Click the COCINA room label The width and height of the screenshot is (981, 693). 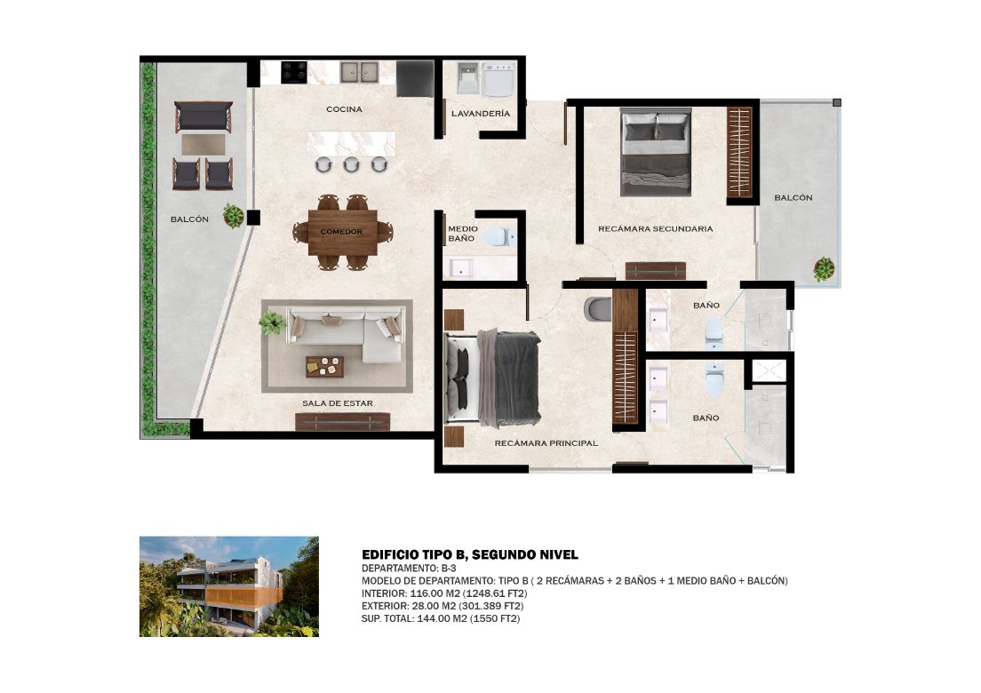[344, 109]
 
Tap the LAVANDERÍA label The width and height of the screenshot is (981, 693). [481, 114]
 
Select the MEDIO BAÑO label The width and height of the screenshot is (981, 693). [462, 234]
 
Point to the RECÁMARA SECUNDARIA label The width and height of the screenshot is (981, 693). [655, 229]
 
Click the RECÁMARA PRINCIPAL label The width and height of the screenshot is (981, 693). [546, 442]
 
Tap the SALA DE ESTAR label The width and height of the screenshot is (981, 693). [338, 403]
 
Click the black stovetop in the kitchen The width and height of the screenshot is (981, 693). [293, 72]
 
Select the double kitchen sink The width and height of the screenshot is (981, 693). [359, 72]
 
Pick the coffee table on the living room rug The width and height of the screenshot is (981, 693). [324, 367]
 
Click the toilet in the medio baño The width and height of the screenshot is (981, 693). [499, 236]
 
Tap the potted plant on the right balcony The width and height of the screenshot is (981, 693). [824, 269]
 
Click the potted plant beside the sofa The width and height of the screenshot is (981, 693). [272, 323]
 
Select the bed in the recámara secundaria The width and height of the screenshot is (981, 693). [656, 152]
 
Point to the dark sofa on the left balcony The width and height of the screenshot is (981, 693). [203, 116]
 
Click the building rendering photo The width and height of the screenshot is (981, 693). [229, 586]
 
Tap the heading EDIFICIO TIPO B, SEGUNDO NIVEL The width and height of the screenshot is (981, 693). [470, 554]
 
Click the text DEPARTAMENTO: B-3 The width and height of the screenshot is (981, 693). [409, 569]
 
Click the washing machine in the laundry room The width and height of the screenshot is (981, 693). [498, 79]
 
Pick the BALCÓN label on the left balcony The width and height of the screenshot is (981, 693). [189, 219]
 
